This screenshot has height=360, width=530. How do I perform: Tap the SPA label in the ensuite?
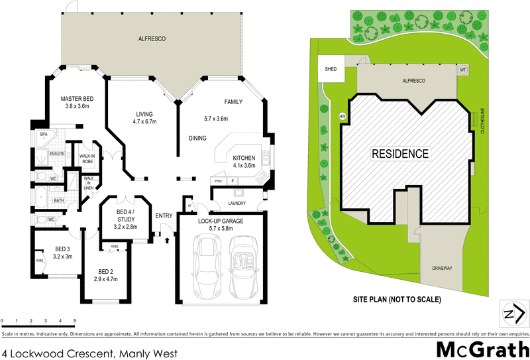(44, 134)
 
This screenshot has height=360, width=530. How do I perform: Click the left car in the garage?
(207, 266)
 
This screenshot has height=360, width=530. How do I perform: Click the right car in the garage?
(241, 266)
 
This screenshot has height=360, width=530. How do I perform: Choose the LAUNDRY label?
(237, 203)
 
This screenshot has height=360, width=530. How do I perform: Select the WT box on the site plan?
(463, 69)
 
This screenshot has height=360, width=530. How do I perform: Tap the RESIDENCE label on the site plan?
(399, 154)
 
